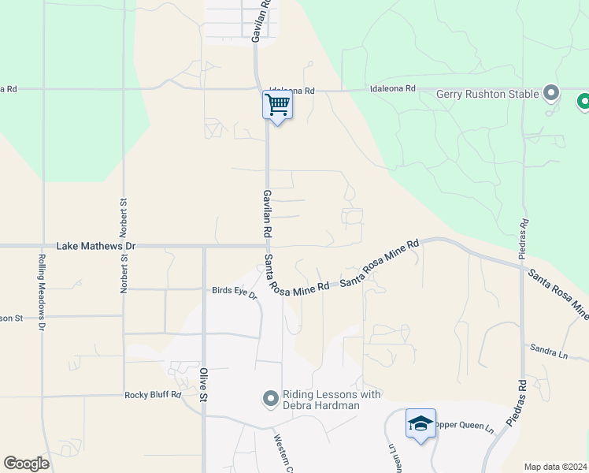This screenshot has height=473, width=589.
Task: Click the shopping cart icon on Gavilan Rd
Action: pyautogui.click(x=277, y=104)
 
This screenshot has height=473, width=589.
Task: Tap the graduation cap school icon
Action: pyautogui.click(x=420, y=424)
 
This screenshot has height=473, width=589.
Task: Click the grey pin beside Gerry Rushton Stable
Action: pyautogui.click(x=551, y=94)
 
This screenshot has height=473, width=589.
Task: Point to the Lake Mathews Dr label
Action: pyautogui.click(x=96, y=246)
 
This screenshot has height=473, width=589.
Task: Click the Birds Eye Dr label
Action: pyautogui.click(x=235, y=292)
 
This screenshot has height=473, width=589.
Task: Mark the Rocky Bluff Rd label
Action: pyautogui.click(x=153, y=395)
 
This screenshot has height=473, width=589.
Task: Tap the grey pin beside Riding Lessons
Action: pyautogui.click(x=270, y=400)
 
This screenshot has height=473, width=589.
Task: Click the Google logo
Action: pyautogui.click(x=26, y=464)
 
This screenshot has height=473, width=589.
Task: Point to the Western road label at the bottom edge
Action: pyautogui.click(x=283, y=453)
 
